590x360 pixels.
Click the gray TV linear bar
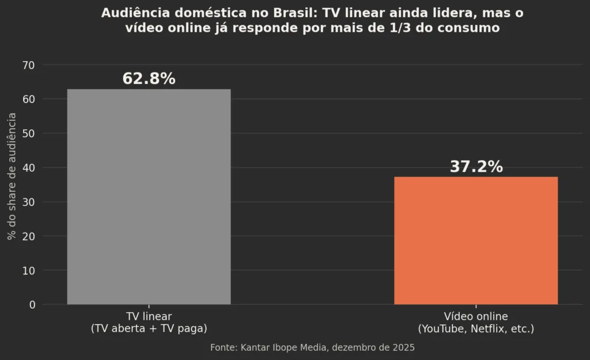point(149,197)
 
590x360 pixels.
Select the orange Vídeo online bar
point(476,240)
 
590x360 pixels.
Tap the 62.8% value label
point(149,78)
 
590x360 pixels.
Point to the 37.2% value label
point(476,166)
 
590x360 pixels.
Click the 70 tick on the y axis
point(29,66)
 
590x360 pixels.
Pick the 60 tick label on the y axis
point(29,99)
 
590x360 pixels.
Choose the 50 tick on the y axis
point(29,134)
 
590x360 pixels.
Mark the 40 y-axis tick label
point(29,168)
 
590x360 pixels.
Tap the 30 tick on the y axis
point(29,202)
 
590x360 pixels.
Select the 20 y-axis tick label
point(29,237)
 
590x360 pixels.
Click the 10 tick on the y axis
point(29,271)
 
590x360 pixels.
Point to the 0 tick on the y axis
point(32,305)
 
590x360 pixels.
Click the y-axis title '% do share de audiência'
point(12,176)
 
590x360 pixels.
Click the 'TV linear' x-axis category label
point(149,316)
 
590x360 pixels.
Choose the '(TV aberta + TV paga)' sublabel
point(149,328)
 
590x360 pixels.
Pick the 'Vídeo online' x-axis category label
point(476,316)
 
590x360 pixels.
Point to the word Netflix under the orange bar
point(488,329)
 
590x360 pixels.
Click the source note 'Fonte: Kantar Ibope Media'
point(270,347)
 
